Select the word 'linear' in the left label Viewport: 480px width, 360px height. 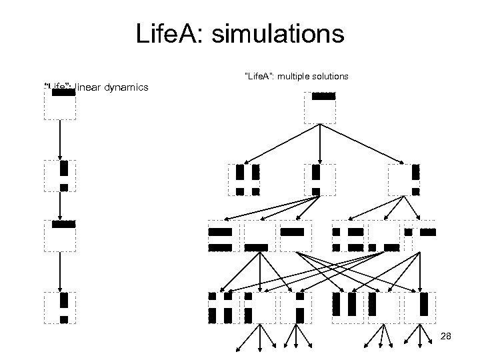tap(91, 87)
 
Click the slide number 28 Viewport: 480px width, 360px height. tap(446, 336)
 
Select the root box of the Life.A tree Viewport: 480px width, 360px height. tap(320, 107)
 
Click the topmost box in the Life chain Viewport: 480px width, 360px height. tap(60, 104)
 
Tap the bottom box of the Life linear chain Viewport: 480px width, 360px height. tap(60, 307)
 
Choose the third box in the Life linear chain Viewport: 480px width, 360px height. tap(60, 235)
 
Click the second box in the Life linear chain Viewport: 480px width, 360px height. tap(60, 176)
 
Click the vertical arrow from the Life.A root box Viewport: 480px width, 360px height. tap(320, 143)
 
